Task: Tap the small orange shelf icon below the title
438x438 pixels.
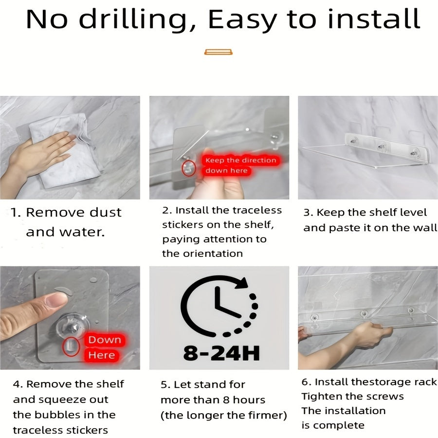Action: pyautogui.click(x=218, y=52)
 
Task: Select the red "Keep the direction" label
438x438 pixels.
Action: pyautogui.click(x=240, y=160)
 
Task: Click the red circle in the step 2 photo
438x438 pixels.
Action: pyautogui.click(x=188, y=168)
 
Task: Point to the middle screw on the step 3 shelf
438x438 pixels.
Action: pyautogui.click(x=381, y=146)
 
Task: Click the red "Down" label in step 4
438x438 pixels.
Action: pyautogui.click(x=105, y=340)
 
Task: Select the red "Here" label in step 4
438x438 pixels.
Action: pyautogui.click(x=102, y=355)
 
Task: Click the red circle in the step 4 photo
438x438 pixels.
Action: pyautogui.click(x=71, y=347)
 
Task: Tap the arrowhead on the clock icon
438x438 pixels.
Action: pyautogui.click(x=241, y=283)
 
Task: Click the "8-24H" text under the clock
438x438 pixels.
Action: pyautogui.click(x=221, y=353)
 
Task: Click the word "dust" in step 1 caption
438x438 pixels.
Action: pyautogui.click(x=106, y=212)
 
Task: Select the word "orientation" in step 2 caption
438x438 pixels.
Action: pyautogui.click(x=213, y=254)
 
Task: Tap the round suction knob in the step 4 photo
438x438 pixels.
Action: pyautogui.click(x=73, y=328)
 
